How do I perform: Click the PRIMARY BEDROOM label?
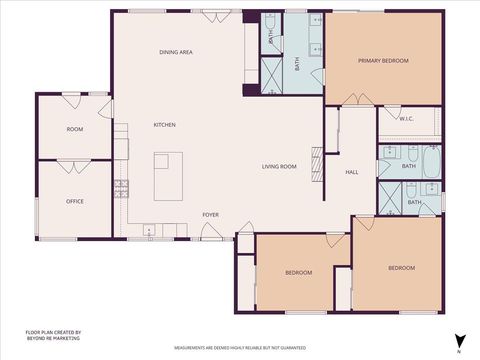tap(384, 61)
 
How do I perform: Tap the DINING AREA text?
tap(176, 51)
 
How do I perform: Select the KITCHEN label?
tap(164, 125)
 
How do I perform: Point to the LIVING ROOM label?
tap(279, 166)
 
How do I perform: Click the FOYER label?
tap(211, 214)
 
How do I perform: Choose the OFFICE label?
tap(75, 201)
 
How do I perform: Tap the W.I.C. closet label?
tap(406, 119)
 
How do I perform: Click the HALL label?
tap(352, 173)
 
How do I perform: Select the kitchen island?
tap(169, 175)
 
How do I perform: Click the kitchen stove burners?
tap(122, 187)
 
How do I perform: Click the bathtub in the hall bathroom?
tap(431, 160)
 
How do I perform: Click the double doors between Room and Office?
tap(75, 164)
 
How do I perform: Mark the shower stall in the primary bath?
tap(272, 74)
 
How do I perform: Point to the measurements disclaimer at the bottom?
tap(240, 348)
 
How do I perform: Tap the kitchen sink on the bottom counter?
tap(150, 231)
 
